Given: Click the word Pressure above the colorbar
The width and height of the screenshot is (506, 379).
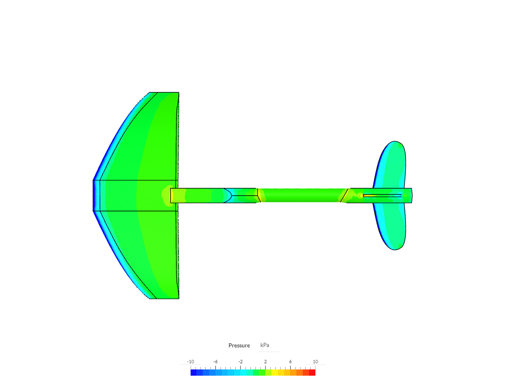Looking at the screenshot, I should [239, 345].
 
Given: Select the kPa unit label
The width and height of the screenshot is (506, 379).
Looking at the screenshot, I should [265, 345].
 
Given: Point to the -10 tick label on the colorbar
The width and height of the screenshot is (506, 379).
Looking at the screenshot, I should [191, 362].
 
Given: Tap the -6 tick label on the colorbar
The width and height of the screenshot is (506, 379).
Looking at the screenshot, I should [216, 362].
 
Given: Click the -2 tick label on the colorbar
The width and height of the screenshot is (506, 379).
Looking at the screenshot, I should [241, 362].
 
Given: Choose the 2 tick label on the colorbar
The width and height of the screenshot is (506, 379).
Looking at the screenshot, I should [265, 362].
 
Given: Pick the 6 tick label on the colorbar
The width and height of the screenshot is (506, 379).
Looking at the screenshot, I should [290, 362].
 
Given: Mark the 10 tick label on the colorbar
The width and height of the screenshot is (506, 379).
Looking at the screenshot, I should [315, 362].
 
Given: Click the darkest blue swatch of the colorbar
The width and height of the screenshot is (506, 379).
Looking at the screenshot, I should [193, 372].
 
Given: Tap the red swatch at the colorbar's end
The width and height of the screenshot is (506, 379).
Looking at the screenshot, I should [312, 372].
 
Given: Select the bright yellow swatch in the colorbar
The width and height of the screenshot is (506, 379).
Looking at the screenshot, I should [275, 372].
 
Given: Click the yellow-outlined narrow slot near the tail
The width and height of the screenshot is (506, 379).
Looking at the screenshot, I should [382, 195].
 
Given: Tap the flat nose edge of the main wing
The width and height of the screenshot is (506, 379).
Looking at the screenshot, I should [93, 195].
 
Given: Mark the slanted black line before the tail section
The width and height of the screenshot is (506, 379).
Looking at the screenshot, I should [344, 195].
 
